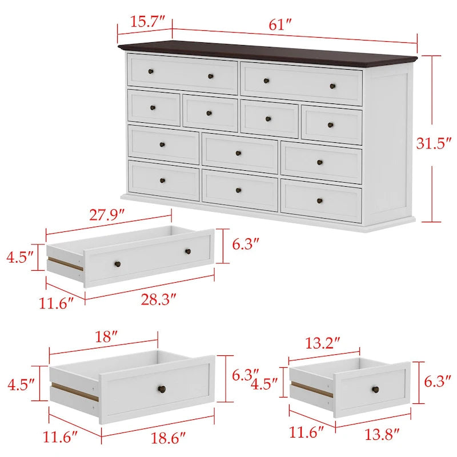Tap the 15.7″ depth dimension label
point(143,22)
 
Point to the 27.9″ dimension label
point(107,216)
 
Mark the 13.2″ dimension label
point(324,343)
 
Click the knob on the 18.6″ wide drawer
point(161,389)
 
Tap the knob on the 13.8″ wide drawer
point(375,390)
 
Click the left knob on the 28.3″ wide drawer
point(118,263)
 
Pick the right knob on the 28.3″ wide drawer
point(187,251)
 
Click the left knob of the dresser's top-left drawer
point(151,71)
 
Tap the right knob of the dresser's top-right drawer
point(333,86)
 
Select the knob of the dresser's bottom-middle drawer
point(238,190)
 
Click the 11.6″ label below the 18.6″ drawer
point(60,438)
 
